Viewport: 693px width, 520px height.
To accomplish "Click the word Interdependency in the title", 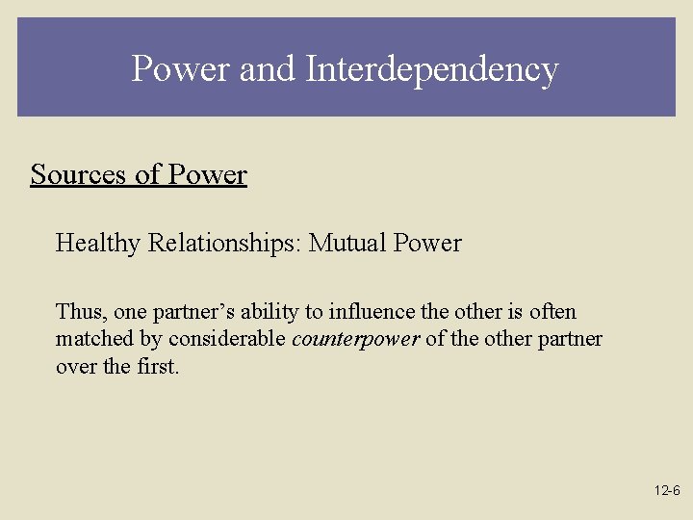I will pyautogui.click(x=431, y=69).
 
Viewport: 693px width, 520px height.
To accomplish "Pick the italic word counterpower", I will pyautogui.click(x=355, y=339).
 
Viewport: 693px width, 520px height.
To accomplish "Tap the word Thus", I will pyautogui.click(x=80, y=312).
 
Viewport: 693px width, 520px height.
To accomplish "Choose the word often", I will pyautogui.click(x=551, y=312).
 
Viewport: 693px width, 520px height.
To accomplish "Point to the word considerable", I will pyautogui.click(x=226, y=339).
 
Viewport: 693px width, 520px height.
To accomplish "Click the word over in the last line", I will pyautogui.click(x=75, y=366).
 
